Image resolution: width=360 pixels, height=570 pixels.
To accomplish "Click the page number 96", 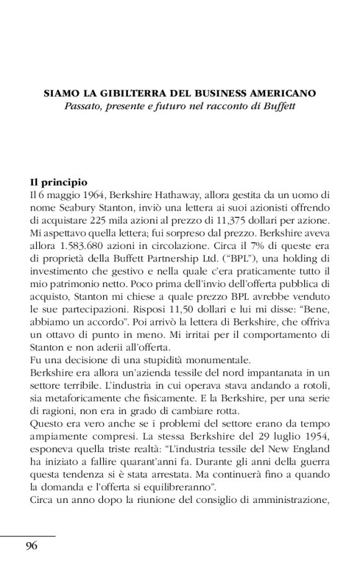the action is [32, 546].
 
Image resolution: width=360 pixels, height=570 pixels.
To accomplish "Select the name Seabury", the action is [78, 208].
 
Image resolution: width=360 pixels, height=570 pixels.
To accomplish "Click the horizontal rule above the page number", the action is [28, 535].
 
